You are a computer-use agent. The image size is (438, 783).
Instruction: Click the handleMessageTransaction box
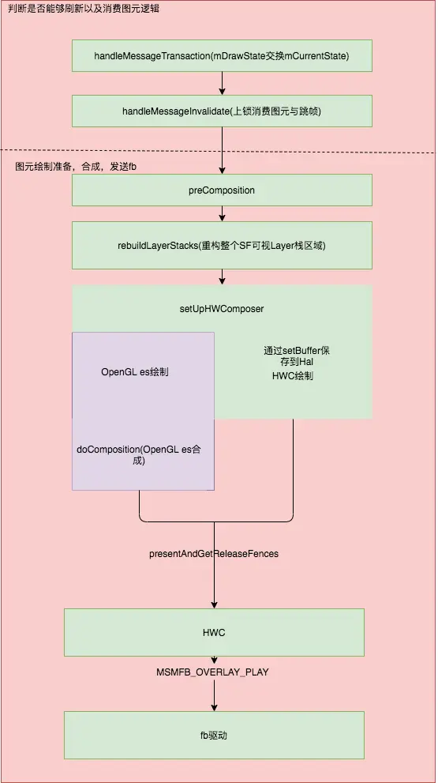click(222, 56)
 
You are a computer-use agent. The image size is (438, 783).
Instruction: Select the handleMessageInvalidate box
click(222, 111)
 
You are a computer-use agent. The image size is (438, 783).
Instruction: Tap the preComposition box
click(222, 190)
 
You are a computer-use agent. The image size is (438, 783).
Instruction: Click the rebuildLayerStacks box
click(222, 246)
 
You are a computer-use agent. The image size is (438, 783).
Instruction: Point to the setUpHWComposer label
click(222, 308)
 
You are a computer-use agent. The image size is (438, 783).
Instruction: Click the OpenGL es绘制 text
click(134, 371)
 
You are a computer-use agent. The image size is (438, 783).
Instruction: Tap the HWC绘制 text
click(292, 376)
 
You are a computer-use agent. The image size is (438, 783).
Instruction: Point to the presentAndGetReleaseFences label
click(214, 554)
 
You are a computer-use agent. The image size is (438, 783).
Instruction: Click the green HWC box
click(214, 633)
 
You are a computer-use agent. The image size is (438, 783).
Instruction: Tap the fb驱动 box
click(214, 735)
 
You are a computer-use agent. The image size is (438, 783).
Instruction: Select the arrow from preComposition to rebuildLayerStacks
click(222, 213)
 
